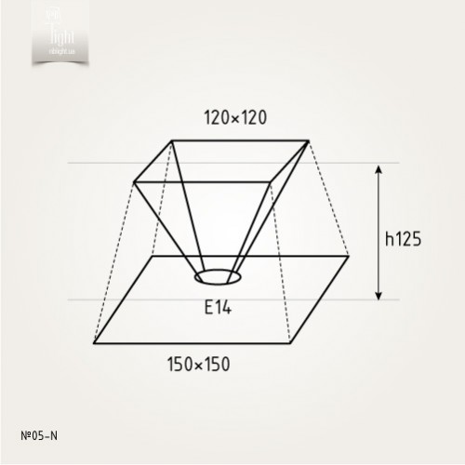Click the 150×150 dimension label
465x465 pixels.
coord(198,364)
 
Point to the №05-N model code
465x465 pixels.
coord(38,434)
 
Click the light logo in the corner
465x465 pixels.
coord(62,32)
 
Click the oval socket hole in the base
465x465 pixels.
coord(219,277)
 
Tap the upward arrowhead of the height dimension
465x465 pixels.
coord(379,171)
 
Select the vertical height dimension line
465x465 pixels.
coord(379,232)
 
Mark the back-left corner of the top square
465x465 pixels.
coord(171,141)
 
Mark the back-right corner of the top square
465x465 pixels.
coord(309,141)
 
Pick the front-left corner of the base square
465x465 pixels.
coord(94,342)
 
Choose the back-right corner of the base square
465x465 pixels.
coord(349,256)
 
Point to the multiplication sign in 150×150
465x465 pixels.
coord(198,365)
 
